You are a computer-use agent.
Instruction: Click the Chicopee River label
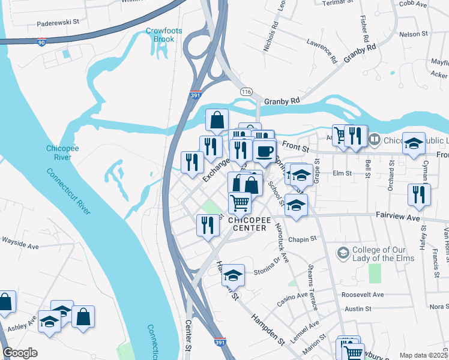click(59, 153)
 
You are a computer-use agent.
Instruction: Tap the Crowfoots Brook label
click(160, 35)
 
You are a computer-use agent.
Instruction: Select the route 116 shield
click(246, 92)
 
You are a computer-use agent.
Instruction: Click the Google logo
click(20, 353)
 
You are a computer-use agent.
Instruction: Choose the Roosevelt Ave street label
click(362, 295)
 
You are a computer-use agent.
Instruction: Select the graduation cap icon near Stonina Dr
click(233, 276)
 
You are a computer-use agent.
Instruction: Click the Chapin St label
click(303, 239)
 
